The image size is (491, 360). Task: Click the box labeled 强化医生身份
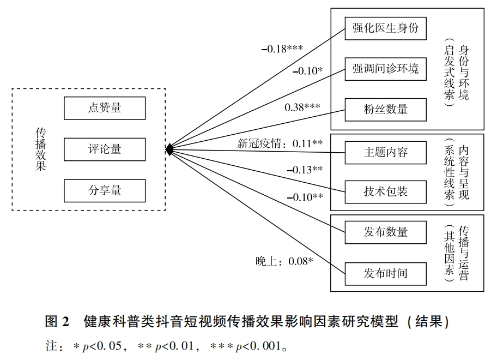click(x=385, y=28)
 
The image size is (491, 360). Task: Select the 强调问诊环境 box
click(x=385, y=69)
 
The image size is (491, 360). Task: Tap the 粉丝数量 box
click(x=385, y=109)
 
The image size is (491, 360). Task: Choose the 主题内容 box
click(x=385, y=152)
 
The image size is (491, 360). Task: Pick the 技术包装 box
click(x=385, y=191)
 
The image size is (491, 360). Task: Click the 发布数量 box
click(x=385, y=232)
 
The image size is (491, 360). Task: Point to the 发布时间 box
click(x=385, y=272)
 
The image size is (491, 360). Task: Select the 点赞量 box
click(x=105, y=108)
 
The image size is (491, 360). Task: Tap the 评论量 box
click(x=105, y=149)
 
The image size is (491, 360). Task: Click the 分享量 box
click(x=105, y=190)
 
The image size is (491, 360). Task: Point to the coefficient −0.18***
click(x=282, y=49)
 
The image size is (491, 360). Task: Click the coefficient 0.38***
click(x=302, y=107)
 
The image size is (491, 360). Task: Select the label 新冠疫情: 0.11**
click(x=280, y=143)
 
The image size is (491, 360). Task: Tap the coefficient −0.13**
click(x=305, y=170)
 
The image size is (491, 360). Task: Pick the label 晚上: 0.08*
click(x=284, y=261)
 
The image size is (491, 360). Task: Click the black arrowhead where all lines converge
click(x=169, y=149)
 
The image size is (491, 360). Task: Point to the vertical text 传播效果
click(x=41, y=149)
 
